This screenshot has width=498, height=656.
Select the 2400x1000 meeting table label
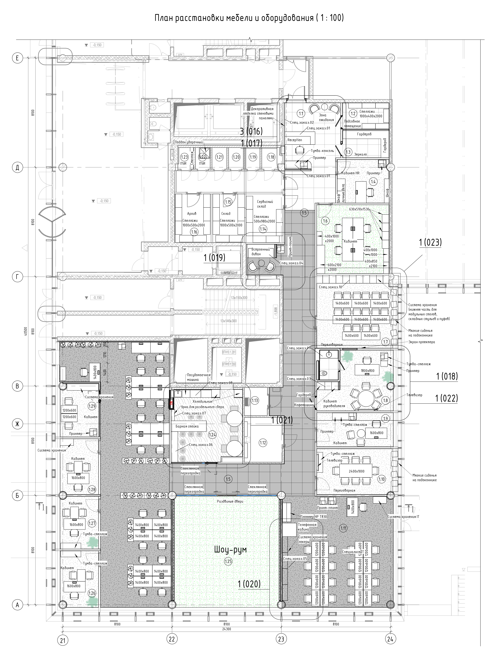[x=357, y=471]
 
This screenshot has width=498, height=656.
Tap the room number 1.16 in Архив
[x=194, y=232]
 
